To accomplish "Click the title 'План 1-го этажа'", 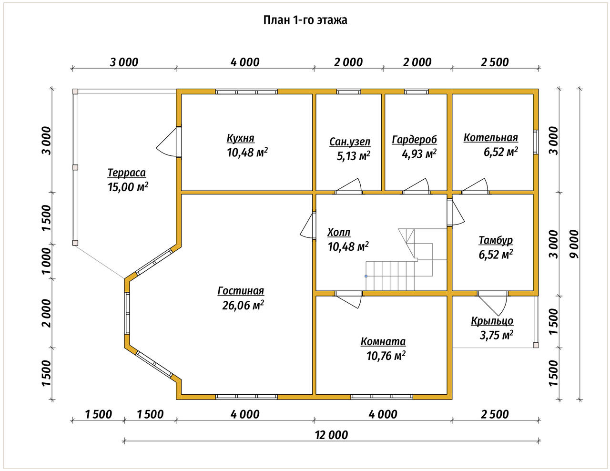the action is point(305,20).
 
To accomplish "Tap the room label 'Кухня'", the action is point(240,138).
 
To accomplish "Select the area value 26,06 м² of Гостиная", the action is point(243,305).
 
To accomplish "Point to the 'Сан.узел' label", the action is point(349,142).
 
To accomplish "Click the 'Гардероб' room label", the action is point(414,140).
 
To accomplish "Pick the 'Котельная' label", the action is point(491,138).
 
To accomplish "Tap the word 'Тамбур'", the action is point(496,240).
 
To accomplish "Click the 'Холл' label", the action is point(339,233).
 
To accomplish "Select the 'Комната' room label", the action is point(383,342).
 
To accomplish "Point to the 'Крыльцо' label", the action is point(492,321).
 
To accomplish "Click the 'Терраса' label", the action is point(127,173).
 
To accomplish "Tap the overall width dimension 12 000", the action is point(331,435).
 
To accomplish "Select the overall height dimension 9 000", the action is point(575,244).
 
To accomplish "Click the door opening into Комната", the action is point(348,300).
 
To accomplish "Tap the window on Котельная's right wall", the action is point(536,142).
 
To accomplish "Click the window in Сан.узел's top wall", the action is point(349,92).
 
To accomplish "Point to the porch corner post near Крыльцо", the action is point(536,345).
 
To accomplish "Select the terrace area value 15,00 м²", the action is point(128,187).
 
